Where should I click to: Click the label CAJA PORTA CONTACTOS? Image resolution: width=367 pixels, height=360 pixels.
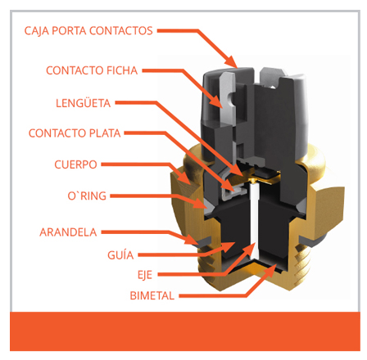88,30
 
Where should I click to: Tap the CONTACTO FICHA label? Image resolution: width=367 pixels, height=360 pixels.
92,70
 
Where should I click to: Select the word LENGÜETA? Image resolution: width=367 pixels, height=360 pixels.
84,103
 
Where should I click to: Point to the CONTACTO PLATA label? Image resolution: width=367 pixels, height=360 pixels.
75,133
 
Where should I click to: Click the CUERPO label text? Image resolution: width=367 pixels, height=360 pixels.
75,164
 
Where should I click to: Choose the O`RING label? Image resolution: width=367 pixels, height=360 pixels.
87,196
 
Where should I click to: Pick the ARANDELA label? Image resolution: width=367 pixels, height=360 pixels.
68,232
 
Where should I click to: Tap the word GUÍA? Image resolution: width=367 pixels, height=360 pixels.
120,255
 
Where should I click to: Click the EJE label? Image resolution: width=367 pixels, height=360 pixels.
145,275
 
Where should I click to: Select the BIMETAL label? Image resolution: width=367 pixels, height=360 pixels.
152,295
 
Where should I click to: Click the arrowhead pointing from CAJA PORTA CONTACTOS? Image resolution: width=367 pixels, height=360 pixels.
232,61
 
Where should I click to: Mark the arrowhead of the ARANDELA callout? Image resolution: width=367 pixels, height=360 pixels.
192,240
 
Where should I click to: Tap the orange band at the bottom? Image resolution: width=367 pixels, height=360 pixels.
185,331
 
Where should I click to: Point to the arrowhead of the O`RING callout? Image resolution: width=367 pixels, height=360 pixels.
200,203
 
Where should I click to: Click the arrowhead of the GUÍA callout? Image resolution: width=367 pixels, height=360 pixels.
228,246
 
